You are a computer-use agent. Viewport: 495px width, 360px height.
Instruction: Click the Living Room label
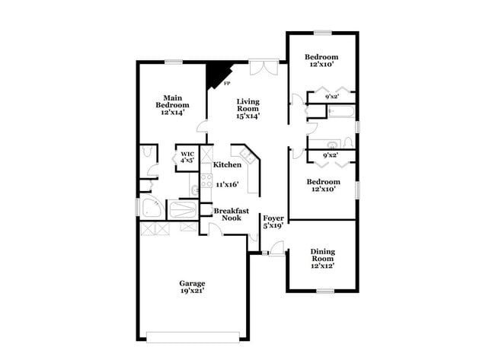pos(248,101)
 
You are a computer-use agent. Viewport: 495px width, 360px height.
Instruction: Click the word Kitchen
pos(227,165)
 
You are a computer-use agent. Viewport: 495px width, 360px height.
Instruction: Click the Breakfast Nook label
pos(228,214)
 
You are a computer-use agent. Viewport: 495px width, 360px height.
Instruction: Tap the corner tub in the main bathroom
pos(149,209)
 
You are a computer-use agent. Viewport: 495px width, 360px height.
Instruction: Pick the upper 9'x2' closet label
pos(331,97)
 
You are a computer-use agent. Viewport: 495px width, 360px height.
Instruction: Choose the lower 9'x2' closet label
pos(329,155)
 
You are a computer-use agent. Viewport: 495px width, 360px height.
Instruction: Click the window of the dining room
pos(326,291)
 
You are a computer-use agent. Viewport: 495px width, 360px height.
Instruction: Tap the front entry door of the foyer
pos(276,247)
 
